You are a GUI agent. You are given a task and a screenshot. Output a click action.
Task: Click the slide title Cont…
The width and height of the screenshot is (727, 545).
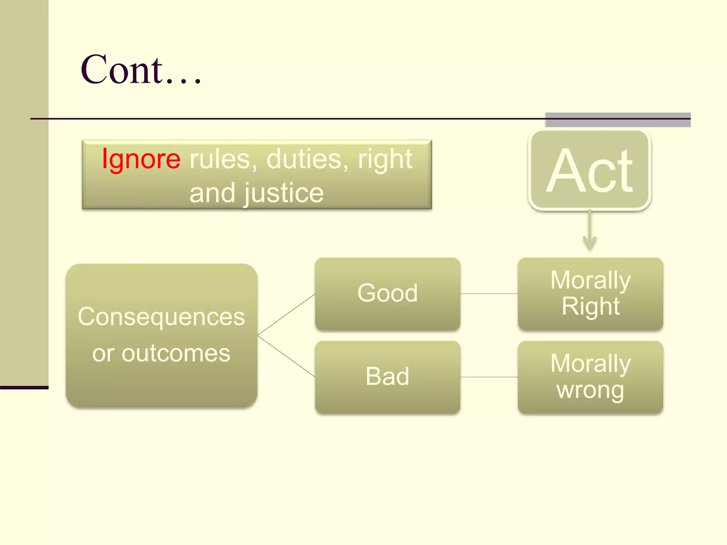[141, 69]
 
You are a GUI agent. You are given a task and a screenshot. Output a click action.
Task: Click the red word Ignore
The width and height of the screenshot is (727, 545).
[141, 159]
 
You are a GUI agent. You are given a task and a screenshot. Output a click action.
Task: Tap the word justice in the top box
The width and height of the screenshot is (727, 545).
[284, 193]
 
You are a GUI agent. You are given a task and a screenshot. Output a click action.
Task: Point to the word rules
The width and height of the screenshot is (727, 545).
[223, 159]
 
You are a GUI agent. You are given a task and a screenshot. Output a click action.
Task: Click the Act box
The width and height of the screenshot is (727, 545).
[589, 170]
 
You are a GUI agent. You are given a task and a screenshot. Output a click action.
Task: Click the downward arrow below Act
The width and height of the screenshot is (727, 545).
[589, 230]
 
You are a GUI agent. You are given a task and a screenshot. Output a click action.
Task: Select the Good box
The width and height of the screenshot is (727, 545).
[388, 294]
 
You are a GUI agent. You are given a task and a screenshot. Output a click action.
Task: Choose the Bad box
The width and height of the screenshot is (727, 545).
[388, 377]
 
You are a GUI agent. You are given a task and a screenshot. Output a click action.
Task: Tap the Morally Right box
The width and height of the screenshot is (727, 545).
[591, 294]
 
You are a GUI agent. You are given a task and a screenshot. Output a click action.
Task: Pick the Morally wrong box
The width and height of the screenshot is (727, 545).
[591, 377]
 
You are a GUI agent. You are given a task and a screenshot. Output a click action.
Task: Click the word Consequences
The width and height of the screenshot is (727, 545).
[161, 317]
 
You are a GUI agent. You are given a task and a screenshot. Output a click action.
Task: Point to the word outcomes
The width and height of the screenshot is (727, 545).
[176, 353]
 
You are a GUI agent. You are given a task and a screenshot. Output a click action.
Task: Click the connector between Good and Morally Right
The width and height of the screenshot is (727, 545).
[489, 293]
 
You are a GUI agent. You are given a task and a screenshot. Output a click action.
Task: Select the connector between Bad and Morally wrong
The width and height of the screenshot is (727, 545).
[489, 377]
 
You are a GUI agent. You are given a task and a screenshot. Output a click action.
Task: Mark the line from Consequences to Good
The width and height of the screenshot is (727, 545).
[286, 315]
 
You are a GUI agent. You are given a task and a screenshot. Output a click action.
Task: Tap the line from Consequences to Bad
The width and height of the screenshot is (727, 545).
[286, 357]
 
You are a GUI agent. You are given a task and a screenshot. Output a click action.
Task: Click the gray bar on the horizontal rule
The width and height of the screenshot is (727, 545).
[617, 120]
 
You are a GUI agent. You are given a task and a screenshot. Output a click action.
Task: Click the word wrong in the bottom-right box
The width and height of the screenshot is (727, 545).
[590, 391]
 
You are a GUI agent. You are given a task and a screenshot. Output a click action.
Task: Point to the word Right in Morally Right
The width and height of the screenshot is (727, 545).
[591, 307]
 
